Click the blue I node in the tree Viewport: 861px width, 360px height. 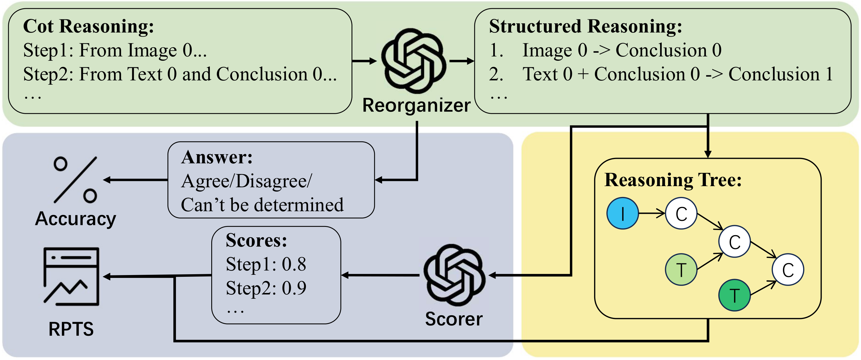click(622, 213)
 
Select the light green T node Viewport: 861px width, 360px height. click(681, 269)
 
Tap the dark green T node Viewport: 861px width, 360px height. click(734, 295)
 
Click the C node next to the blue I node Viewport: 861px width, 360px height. click(681, 213)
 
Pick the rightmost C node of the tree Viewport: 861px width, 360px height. click(788, 269)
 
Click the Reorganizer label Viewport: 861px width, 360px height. click(417, 105)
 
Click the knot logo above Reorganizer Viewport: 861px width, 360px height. click(413, 61)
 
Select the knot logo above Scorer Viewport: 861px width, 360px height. click(454, 275)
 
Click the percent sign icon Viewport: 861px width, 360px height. click(75, 180)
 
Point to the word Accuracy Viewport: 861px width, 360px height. click(76, 219)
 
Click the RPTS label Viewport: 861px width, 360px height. click(71, 329)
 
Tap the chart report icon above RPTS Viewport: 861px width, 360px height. click(71, 276)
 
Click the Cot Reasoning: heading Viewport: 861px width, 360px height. click(89, 27)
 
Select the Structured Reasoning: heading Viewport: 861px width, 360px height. click(586, 27)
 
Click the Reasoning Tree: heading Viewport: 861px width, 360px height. click(673, 180)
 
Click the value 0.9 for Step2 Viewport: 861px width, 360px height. click(294, 288)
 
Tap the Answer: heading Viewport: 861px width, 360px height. click(217, 157)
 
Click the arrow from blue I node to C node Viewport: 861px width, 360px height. click(652, 213)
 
